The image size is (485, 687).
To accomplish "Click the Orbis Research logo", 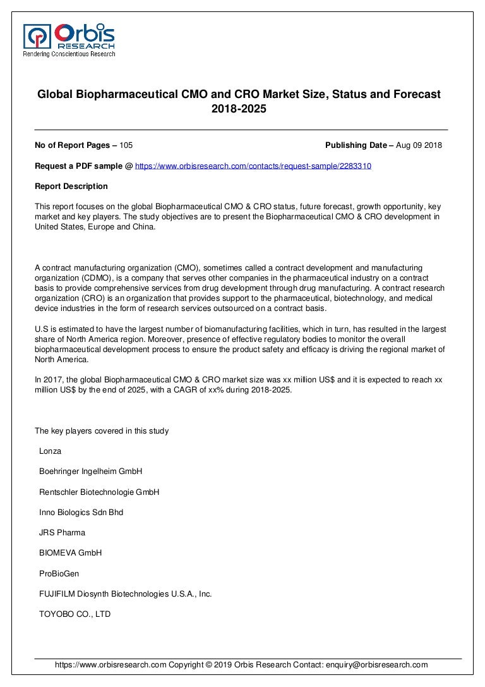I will coord(69,36).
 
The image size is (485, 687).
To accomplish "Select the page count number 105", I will coord(126,145).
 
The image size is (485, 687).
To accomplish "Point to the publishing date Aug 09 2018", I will coord(419,145).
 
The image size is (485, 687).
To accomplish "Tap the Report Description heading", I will coord(71,186).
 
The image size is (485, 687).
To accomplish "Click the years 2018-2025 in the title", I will coord(239,109).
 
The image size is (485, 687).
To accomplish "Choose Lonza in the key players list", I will coord(50,451).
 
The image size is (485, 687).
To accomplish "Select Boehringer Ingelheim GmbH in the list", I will coord(90,471).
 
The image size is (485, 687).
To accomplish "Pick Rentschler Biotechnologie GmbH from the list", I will coord(99,492).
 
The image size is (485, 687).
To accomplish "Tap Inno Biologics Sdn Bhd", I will coord(81,513).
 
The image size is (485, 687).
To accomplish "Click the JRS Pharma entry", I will coord(62,533).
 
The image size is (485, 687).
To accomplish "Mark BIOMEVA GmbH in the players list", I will coord(70,553).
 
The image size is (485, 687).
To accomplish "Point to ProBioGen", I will coord(59,574).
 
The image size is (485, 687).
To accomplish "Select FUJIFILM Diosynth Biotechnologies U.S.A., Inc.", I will coord(125,594).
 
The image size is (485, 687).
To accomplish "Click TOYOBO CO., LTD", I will coord(75,614).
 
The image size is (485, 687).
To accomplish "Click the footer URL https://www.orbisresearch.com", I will coord(111,665).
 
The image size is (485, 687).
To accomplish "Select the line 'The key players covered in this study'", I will coord(101,431).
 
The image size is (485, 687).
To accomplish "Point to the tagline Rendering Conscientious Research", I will coord(69,54).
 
